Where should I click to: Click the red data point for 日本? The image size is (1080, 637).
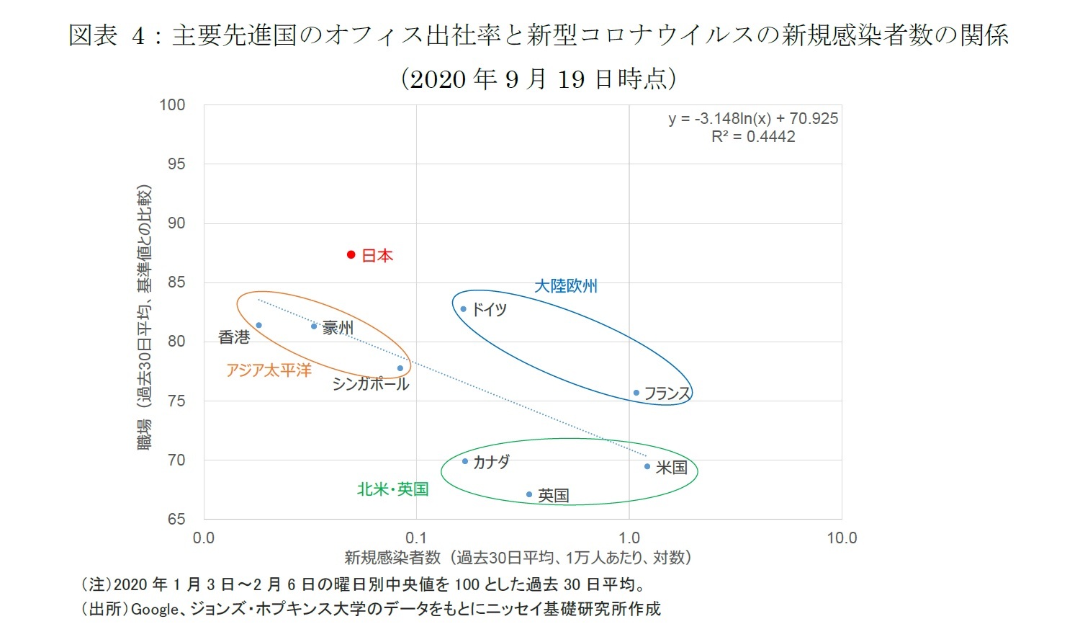click(x=351, y=254)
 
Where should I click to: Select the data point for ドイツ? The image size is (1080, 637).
click(x=464, y=309)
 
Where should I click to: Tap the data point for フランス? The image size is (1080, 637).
click(x=636, y=393)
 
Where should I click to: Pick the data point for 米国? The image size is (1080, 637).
click(x=647, y=466)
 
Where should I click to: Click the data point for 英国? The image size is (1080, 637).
click(x=529, y=494)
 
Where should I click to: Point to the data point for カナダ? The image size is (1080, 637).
click(x=465, y=461)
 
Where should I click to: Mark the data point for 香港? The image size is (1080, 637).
click(x=259, y=325)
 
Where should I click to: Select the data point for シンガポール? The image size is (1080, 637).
click(x=400, y=368)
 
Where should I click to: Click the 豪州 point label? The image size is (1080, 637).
click(x=337, y=328)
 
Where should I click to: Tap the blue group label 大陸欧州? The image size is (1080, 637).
click(x=566, y=286)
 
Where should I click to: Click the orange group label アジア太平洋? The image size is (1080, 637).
click(x=269, y=370)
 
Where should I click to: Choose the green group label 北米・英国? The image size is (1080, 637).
click(x=392, y=489)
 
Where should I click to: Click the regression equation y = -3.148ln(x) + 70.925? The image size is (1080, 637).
click(x=753, y=119)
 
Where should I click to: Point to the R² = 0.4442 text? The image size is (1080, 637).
click(x=753, y=137)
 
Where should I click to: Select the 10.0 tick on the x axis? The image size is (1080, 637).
click(x=841, y=538)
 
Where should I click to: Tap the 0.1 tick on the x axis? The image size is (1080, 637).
click(x=416, y=538)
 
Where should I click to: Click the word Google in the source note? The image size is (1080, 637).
click(x=154, y=610)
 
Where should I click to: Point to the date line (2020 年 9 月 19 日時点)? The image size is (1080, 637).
click(x=539, y=79)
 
